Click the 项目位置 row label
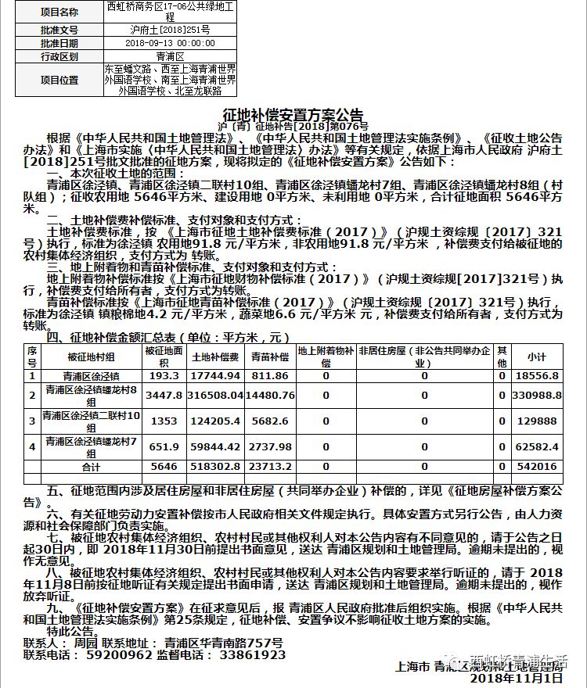coord(59,80)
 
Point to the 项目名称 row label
coord(59,13)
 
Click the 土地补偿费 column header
coord(214,357)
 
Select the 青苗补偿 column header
coord(269,357)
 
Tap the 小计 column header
coord(536,357)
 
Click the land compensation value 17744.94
coord(214,376)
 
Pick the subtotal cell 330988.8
coord(536,396)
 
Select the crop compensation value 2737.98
coord(269,446)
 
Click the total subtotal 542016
coord(536,467)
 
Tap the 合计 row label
coord(92,467)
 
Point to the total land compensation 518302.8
coord(214,467)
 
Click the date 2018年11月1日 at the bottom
coord(516,678)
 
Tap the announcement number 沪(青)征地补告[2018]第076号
coord(293,125)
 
